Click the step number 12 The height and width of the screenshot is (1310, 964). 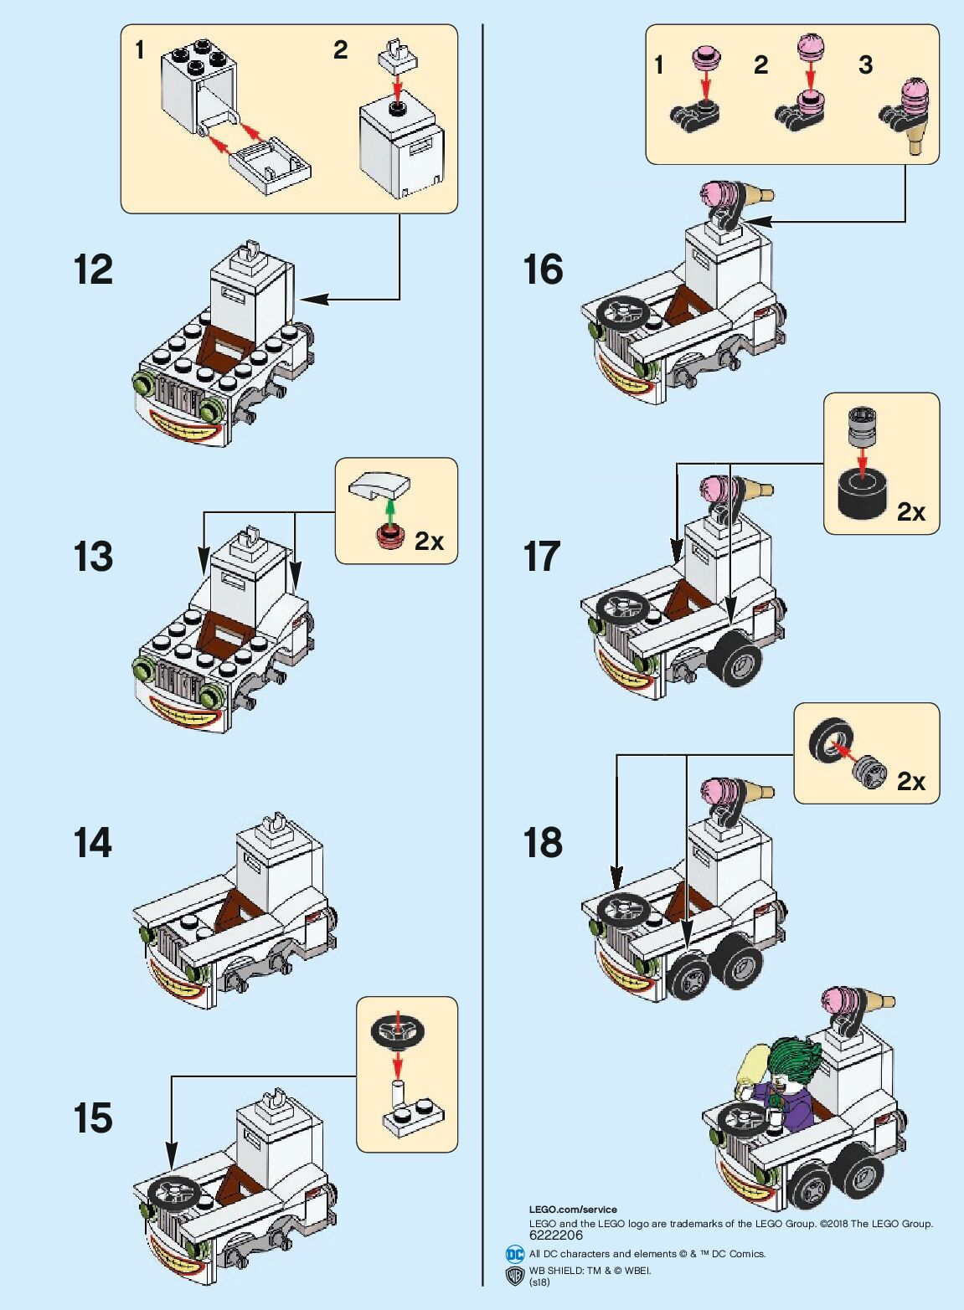tap(93, 270)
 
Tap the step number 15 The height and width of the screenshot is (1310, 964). tap(92, 1118)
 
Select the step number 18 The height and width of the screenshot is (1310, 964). tap(542, 843)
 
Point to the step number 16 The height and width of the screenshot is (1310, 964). tap(542, 270)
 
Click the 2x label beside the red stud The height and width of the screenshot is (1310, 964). tap(429, 542)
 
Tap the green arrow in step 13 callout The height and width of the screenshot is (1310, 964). tap(389, 511)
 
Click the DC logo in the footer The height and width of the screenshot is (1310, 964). tap(514, 1254)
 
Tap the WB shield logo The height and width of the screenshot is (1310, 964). tap(515, 1275)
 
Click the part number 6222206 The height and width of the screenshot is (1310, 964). tap(556, 1235)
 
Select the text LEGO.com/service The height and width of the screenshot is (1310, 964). tap(573, 1209)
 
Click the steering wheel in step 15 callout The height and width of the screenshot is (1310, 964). tap(397, 1028)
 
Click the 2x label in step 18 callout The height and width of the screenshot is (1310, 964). tap(910, 781)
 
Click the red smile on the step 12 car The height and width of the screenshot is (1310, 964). tap(187, 428)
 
